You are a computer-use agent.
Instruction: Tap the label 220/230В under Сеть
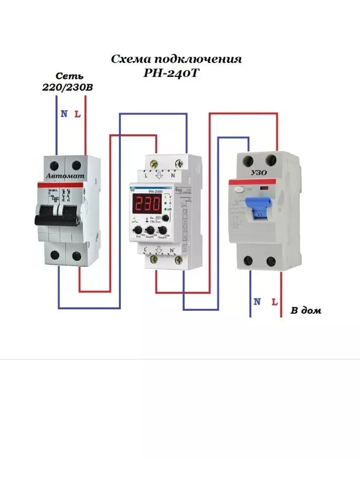pyautogui.click(x=67, y=88)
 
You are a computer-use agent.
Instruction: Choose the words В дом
pyautogui.click(x=305, y=310)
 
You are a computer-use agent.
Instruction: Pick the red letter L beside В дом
pyautogui.click(x=274, y=302)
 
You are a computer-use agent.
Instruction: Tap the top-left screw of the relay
pyautogui.click(x=152, y=163)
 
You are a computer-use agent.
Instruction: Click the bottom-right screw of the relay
pyautogui.click(x=178, y=260)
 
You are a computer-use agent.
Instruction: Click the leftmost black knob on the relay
pyautogui.click(x=137, y=230)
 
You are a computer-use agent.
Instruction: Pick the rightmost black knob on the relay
pyautogui.click(x=163, y=230)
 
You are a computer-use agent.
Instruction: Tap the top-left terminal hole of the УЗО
pyautogui.click(x=248, y=161)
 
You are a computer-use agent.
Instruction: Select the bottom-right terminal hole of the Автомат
pyautogui.click(x=76, y=255)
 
